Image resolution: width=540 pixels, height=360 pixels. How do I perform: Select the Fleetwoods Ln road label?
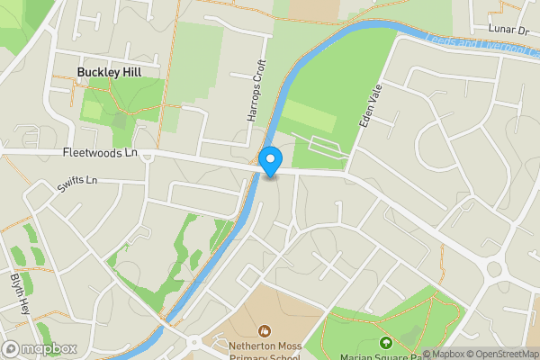(100, 154)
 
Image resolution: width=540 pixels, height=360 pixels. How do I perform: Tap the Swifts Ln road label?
(76, 184)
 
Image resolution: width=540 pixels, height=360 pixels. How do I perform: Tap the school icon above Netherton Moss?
(264, 331)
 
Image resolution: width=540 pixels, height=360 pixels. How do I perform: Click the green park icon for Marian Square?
(386, 343)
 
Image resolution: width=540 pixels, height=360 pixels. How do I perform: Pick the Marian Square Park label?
(387, 355)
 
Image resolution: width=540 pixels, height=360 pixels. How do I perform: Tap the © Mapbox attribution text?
(442, 354)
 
